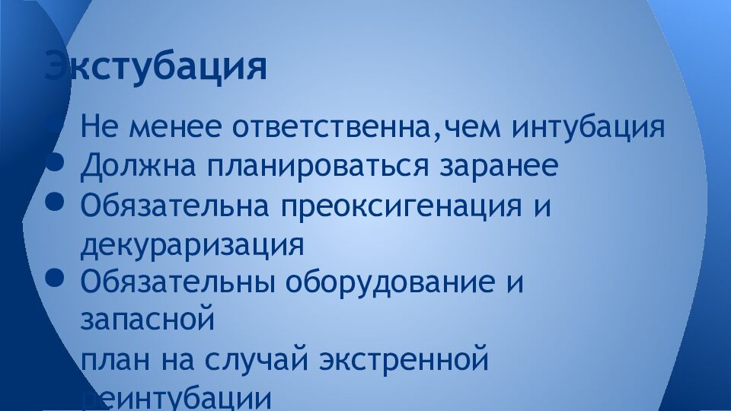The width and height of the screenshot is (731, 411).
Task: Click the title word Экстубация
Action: pos(156,67)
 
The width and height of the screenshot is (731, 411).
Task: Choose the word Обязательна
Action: pos(174,205)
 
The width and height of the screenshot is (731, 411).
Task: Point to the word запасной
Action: pos(146,320)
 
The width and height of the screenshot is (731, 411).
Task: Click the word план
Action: pos(114,358)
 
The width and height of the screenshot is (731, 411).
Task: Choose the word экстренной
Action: pos(403,357)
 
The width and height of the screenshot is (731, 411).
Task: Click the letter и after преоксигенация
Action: pos(541,206)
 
